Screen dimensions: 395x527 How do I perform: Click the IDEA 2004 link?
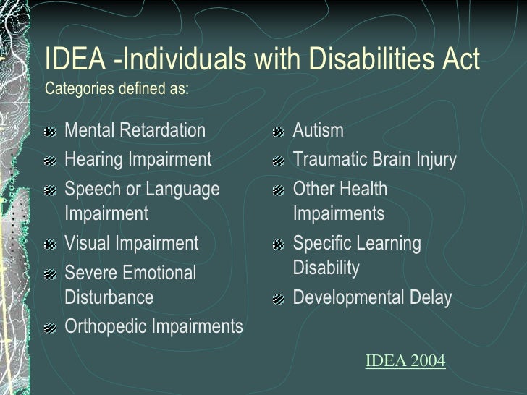tap(405, 360)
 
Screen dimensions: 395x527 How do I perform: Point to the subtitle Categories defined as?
tap(117, 90)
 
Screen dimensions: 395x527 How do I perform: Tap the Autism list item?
tap(318, 131)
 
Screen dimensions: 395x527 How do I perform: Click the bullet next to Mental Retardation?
tap(49, 132)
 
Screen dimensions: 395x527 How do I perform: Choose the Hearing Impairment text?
tap(138, 159)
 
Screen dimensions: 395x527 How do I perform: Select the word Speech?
tap(90, 190)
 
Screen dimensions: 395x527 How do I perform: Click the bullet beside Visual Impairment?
tap(49, 245)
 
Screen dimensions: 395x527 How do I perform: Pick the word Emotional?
tap(160, 273)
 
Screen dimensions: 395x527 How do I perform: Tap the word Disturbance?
tap(109, 297)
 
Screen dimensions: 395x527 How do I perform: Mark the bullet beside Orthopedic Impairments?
tap(49, 328)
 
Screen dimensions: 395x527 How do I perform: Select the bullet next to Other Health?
tap(278, 191)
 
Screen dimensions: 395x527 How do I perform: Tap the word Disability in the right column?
tap(326, 268)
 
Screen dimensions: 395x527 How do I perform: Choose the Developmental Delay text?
tap(372, 297)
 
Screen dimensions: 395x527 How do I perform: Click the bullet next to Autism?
tap(278, 132)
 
